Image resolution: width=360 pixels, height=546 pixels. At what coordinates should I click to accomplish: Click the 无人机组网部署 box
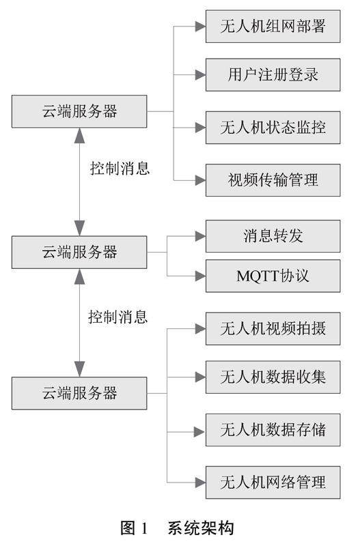[x=273, y=27]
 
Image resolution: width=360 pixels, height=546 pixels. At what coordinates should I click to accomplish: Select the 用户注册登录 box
[x=273, y=75]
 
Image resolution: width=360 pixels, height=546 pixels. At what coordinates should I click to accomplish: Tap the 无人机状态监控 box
[x=273, y=128]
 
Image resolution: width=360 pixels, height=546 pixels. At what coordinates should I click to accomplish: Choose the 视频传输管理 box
[x=273, y=180]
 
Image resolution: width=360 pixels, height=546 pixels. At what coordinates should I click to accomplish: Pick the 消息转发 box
[x=273, y=236]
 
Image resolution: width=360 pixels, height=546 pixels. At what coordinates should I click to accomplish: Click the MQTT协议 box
[x=273, y=276]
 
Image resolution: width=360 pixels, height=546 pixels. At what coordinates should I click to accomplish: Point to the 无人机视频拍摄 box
[x=273, y=329]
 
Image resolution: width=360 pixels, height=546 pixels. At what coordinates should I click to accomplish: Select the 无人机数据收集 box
[x=273, y=377]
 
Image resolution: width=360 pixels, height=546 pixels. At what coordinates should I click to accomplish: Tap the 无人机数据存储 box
[x=273, y=430]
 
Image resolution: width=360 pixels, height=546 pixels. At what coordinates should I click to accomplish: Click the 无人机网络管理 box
[x=273, y=483]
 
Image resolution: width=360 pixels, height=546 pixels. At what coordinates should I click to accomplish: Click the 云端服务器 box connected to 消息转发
[x=79, y=252]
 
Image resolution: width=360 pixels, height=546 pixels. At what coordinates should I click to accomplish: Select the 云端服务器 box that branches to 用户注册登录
[x=79, y=111]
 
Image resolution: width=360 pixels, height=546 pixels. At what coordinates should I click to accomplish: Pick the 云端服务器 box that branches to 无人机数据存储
[x=79, y=393]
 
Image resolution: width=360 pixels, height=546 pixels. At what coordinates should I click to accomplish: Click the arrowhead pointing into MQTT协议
[x=200, y=276]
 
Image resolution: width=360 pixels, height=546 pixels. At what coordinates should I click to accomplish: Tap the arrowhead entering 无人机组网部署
[x=200, y=27]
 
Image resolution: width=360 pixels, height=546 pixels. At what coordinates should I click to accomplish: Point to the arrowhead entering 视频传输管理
[x=200, y=180]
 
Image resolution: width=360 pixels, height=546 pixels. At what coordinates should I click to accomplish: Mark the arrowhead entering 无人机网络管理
[x=200, y=483]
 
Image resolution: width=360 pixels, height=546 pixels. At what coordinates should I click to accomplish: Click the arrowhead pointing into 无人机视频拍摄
[x=200, y=329]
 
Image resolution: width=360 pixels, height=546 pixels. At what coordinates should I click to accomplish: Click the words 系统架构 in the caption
[x=201, y=528]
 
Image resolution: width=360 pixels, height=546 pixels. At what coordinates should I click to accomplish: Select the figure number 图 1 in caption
[x=134, y=528]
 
